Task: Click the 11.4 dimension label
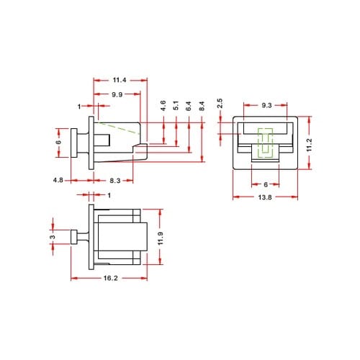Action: pyautogui.click(x=120, y=81)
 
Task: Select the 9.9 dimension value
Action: pyautogui.click(x=116, y=95)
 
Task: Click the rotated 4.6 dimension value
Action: pyautogui.click(x=163, y=106)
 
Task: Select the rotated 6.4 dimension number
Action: pyautogui.click(x=188, y=106)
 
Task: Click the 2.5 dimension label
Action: pyautogui.click(x=220, y=103)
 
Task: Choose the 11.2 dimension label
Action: pyautogui.click(x=309, y=143)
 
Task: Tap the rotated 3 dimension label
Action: pyautogui.click(x=52, y=237)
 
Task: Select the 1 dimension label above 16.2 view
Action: pyautogui.click(x=109, y=195)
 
